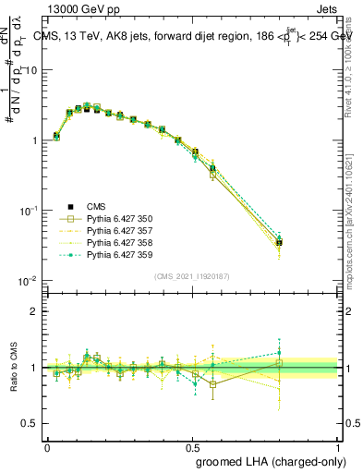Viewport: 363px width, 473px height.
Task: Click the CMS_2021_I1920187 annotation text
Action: tap(191, 276)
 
